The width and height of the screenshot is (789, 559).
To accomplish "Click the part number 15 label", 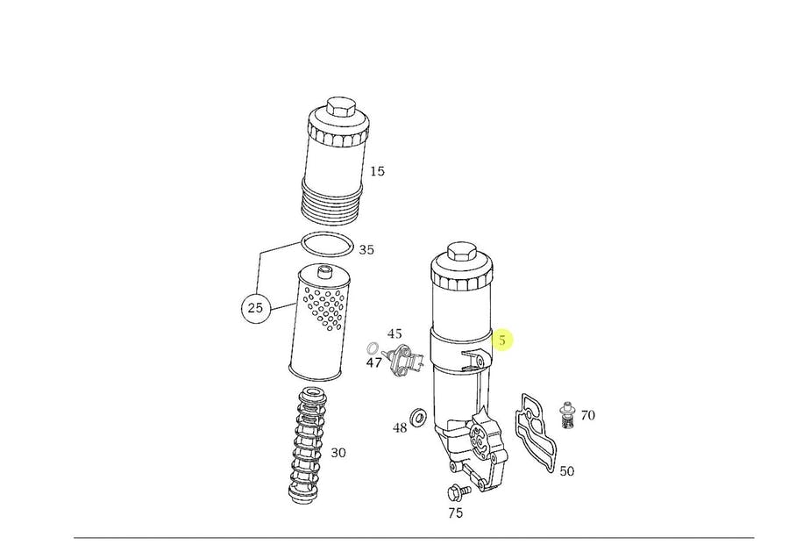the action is coord(377,171).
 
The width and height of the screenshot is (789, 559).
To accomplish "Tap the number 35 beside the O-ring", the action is coord(366,250).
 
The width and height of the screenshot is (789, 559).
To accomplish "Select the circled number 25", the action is coord(256,307).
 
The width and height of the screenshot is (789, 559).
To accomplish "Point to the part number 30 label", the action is coord(338,453).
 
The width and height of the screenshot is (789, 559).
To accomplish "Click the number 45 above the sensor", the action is coord(394,333).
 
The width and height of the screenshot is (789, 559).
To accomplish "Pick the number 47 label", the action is coord(373,362).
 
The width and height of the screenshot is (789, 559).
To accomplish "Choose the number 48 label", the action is coord(400,428).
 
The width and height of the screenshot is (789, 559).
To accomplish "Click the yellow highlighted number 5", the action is coord(502,340).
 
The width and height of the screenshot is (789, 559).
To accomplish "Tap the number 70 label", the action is coord(587,415).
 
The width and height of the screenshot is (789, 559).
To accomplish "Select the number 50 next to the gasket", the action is coord(567,471).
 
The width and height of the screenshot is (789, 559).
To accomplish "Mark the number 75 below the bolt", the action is coord(455,513).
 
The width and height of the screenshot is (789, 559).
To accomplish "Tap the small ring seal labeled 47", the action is coord(373,348).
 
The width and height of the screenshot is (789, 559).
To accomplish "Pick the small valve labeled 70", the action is coord(567,415).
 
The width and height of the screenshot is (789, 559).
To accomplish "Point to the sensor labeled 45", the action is coord(403,361).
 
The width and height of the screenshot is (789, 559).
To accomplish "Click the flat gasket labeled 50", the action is coord(536,434).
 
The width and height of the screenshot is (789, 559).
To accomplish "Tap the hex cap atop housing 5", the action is coord(462,252).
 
